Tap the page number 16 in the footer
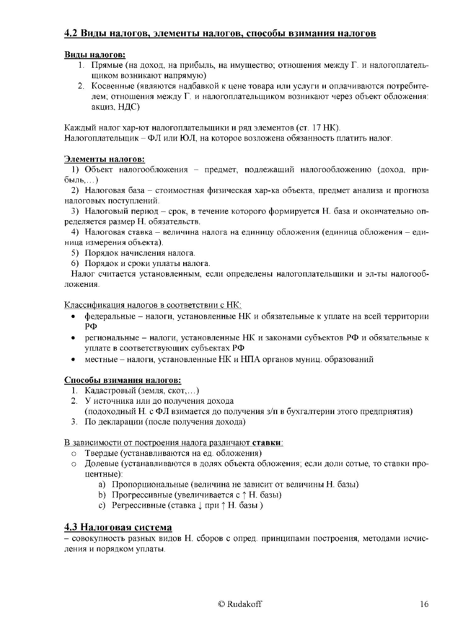click(x=424, y=604)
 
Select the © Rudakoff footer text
click(x=240, y=604)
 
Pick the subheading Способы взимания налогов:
click(x=122, y=379)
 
